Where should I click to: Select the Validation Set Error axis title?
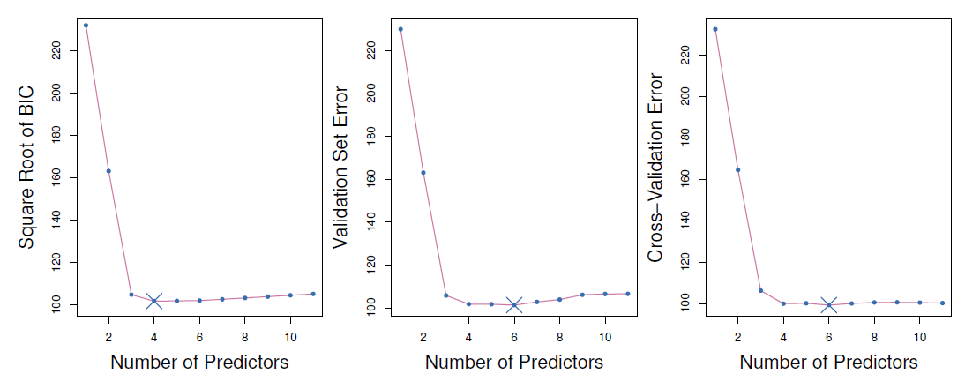[x=342, y=167]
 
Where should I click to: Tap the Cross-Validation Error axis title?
[x=657, y=168]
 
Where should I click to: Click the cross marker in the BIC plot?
[x=153, y=302]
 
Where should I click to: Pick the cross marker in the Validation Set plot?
[x=514, y=305]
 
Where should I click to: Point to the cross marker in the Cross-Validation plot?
[x=828, y=305]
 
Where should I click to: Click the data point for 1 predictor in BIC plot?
[x=86, y=26]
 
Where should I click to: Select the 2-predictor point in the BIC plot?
[x=108, y=171]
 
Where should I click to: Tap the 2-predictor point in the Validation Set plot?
[x=423, y=172]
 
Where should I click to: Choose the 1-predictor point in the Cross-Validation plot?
[x=714, y=29]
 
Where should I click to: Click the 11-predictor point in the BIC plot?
[x=313, y=294]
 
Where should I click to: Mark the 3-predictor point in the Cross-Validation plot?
[x=760, y=290]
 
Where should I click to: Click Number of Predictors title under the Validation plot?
[x=514, y=363]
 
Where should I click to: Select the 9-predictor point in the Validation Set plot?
[x=582, y=295]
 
